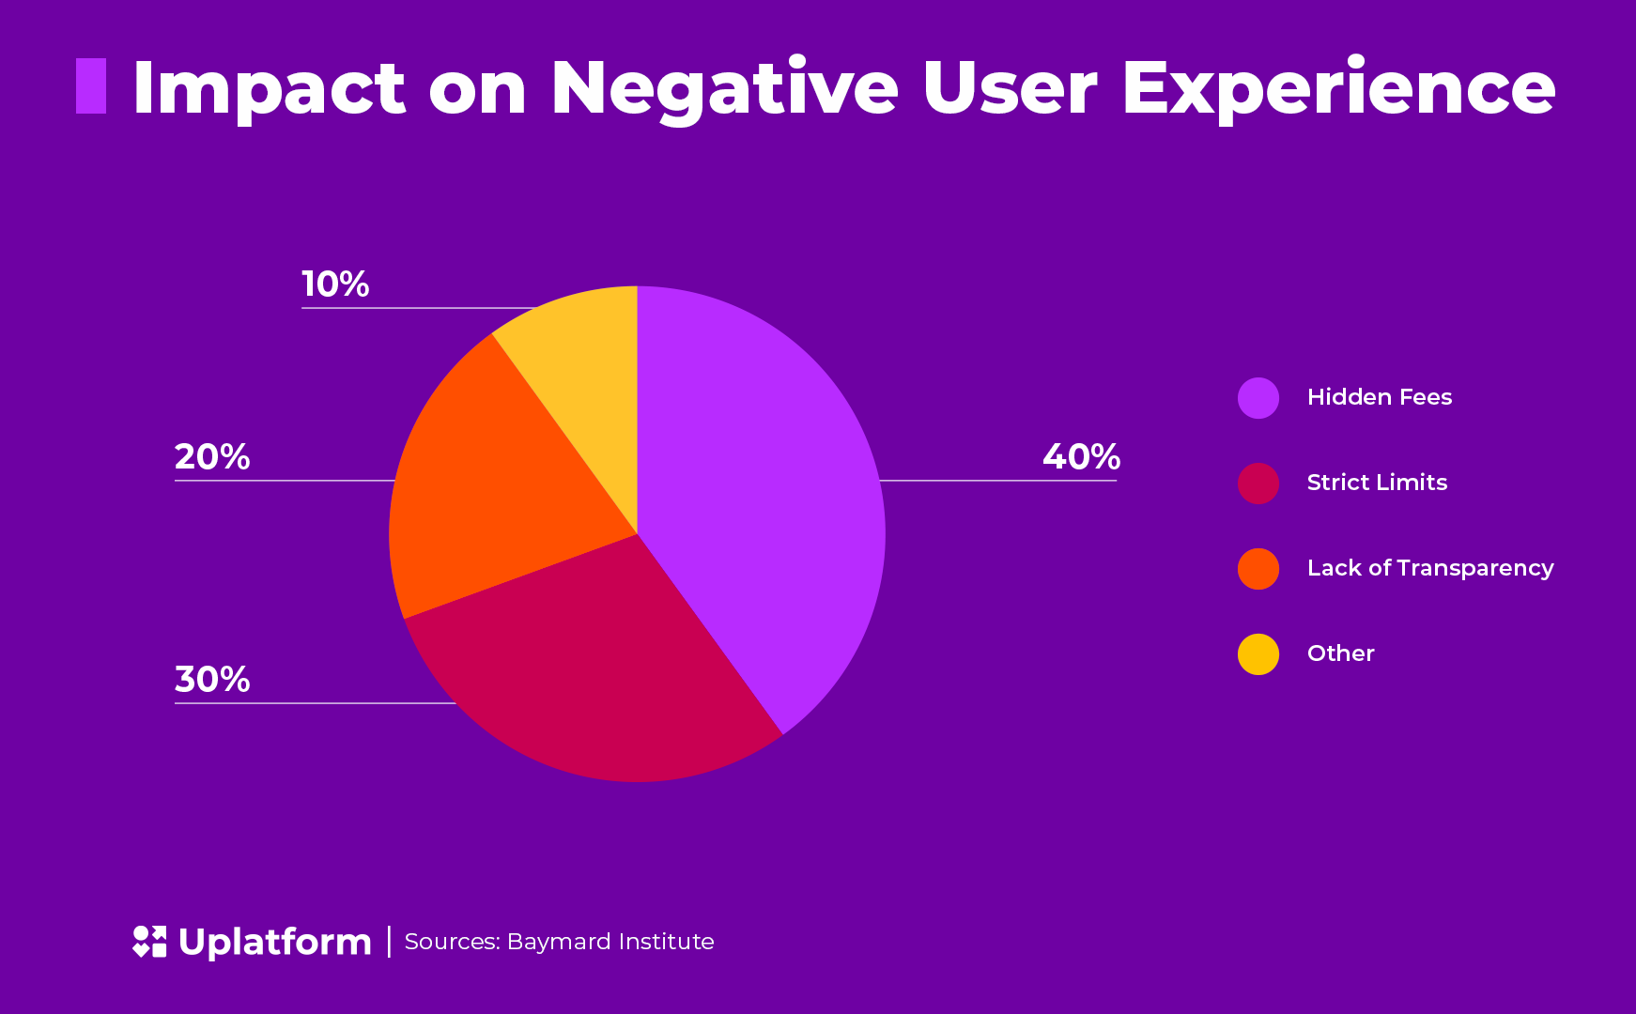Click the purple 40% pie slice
coord(761,498)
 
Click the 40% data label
coord(1081,457)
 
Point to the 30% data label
coord(212,680)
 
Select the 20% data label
coord(212,457)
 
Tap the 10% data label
coord(335,284)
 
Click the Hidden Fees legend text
coord(1379,397)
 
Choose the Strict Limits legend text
coord(1377,483)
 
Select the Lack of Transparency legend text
coord(1429,568)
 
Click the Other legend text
coord(1340,653)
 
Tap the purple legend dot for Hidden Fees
coord(1258,398)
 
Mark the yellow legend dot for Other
coord(1258,654)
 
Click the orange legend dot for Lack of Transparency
coord(1258,569)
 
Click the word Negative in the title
coord(724,89)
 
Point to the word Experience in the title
coord(1338,89)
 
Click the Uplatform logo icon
coord(149,942)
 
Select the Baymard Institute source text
coord(610,942)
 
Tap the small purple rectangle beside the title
coord(91,86)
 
